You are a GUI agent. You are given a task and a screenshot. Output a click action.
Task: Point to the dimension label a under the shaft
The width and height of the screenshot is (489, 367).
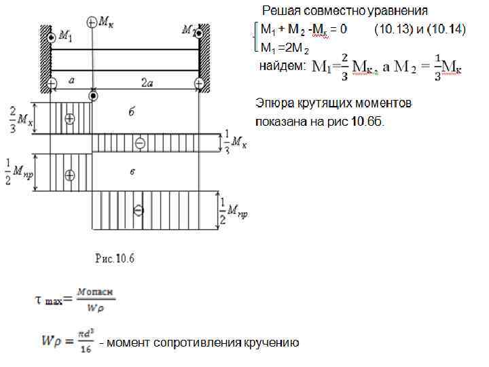(x=72, y=81)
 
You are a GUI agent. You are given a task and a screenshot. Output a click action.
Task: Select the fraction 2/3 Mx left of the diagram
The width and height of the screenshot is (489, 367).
(x=18, y=118)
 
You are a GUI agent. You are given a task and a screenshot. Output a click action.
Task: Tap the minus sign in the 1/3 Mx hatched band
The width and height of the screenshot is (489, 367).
(x=140, y=143)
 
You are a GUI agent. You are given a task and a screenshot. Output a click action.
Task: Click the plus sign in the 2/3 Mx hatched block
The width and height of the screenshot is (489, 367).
(x=69, y=118)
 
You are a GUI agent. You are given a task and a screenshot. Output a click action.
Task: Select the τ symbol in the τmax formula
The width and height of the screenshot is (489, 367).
(x=40, y=299)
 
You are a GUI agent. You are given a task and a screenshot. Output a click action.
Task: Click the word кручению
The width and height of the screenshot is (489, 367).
(x=271, y=343)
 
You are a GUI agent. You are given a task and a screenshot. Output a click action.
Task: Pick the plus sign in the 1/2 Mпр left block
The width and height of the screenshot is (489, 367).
(x=69, y=175)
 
